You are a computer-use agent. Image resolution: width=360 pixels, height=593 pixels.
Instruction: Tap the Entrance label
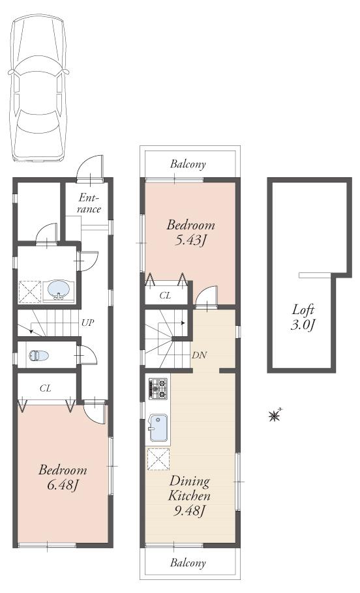tap(89, 203)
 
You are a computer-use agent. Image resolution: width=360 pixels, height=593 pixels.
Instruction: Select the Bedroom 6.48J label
tap(62, 477)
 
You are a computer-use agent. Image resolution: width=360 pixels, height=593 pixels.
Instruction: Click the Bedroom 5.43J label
tap(190, 233)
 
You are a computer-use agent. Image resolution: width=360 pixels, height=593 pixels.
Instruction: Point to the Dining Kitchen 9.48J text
tap(190, 496)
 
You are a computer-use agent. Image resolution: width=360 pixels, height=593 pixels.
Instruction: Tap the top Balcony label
tap(188, 165)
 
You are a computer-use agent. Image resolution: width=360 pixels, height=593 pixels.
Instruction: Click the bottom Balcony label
tap(188, 562)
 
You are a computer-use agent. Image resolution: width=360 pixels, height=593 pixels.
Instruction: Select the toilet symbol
tap(40, 356)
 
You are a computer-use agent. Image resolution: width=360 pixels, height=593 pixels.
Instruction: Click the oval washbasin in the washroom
tap(59, 289)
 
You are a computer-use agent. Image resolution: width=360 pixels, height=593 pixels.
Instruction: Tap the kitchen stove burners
tap(158, 389)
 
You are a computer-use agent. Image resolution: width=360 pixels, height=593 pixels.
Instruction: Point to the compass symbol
tap(275, 414)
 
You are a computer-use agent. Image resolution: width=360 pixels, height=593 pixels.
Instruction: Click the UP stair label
tap(86, 323)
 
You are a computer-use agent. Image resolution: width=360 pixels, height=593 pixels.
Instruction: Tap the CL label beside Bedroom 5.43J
tap(166, 296)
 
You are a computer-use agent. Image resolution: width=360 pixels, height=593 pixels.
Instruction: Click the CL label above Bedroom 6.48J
tap(45, 388)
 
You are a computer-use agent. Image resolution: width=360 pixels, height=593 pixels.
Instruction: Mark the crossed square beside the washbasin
tap(29, 291)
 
